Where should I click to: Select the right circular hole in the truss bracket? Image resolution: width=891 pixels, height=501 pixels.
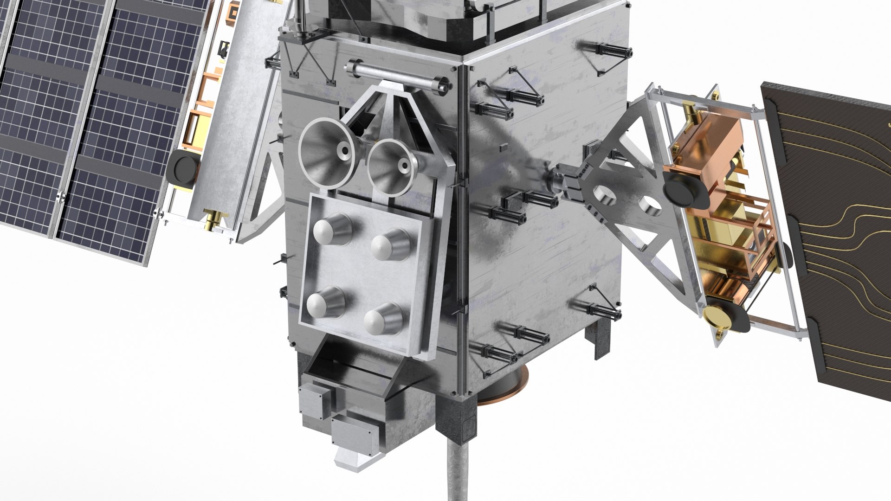point(649,206)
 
